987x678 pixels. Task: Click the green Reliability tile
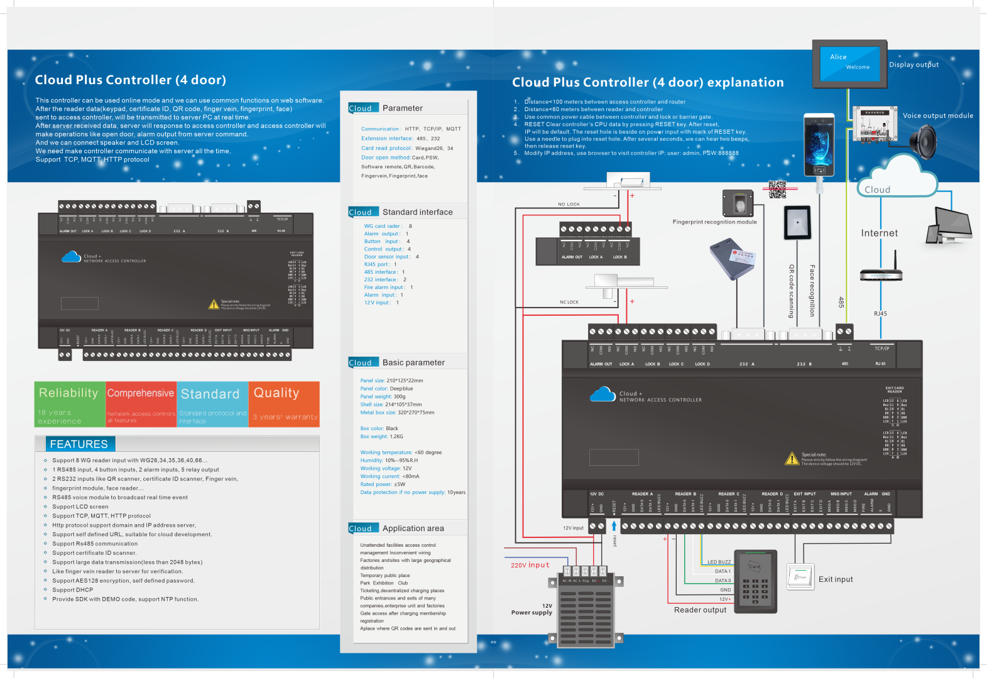tap(69, 404)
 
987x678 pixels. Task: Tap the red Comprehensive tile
tap(141, 404)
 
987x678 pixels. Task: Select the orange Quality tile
tap(284, 404)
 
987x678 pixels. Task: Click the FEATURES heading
tap(79, 444)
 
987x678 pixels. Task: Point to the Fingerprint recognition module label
tap(714, 222)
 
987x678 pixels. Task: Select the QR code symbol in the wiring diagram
tap(777, 189)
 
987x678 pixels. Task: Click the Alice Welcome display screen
tap(849, 62)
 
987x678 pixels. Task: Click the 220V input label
tap(530, 565)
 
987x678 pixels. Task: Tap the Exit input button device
tap(800, 576)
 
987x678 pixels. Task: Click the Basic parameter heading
tap(413, 362)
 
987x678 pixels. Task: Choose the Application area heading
tap(413, 528)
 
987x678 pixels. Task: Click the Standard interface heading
tap(417, 212)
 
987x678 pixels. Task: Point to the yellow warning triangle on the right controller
tap(792, 459)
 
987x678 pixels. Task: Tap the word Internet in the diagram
tap(879, 233)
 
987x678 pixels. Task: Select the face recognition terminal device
tap(819, 145)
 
